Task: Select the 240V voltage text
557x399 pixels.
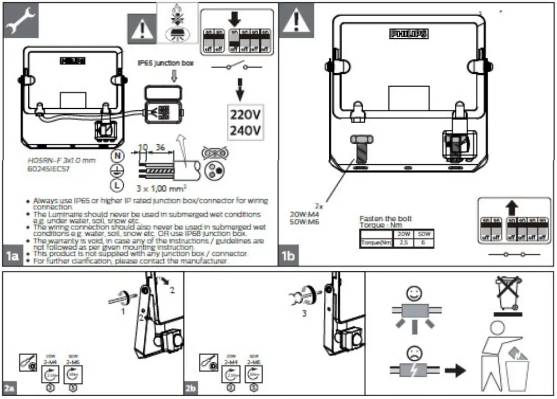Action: (x=245, y=131)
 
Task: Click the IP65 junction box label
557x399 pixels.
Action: (x=166, y=64)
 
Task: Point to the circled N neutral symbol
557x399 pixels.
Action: (x=118, y=156)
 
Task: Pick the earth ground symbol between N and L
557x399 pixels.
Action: (x=118, y=171)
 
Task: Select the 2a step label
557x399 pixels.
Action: (x=9, y=388)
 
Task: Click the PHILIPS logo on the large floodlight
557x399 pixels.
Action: (x=409, y=34)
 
